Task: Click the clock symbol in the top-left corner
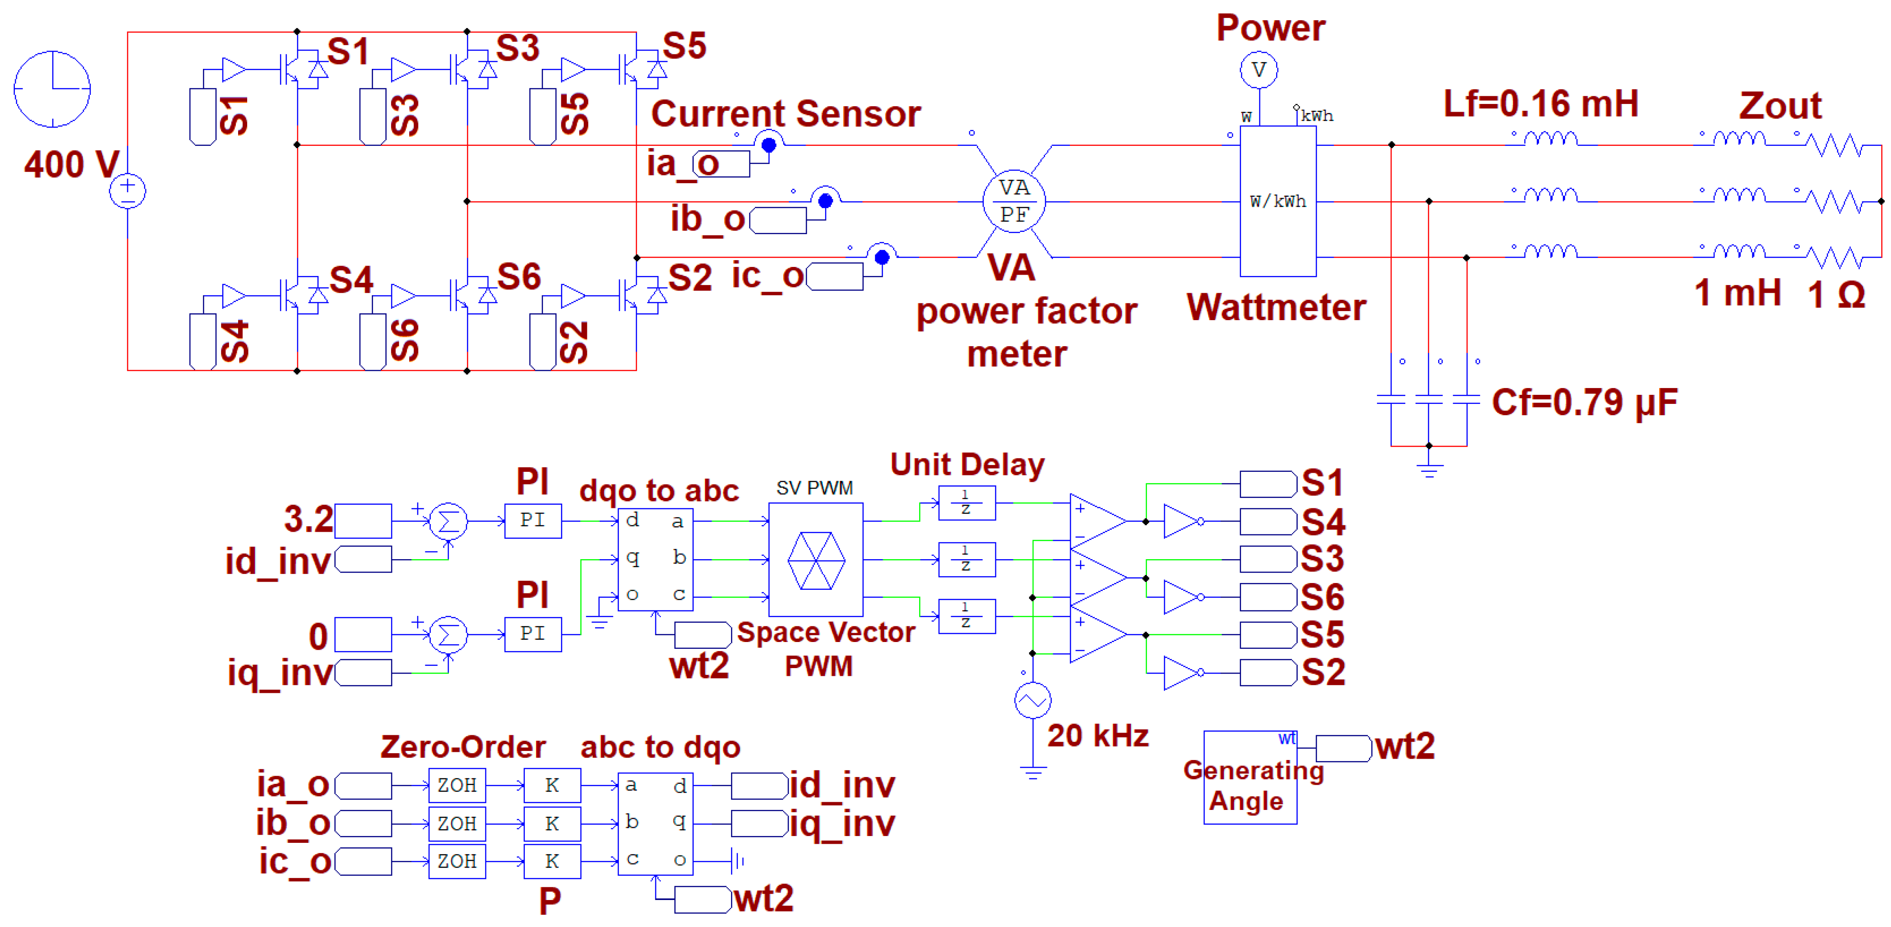[52, 89]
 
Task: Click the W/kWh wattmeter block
[1277, 201]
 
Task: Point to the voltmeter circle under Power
[1259, 71]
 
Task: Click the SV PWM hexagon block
[816, 559]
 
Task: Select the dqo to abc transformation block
[655, 558]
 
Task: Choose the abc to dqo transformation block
[655, 823]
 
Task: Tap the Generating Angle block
[1250, 778]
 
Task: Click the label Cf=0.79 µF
[1584, 402]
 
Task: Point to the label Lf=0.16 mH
[1540, 104]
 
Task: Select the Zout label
[1779, 106]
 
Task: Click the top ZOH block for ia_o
[456, 785]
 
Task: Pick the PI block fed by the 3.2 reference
[533, 520]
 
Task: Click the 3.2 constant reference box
[363, 521]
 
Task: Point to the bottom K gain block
[552, 861]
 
